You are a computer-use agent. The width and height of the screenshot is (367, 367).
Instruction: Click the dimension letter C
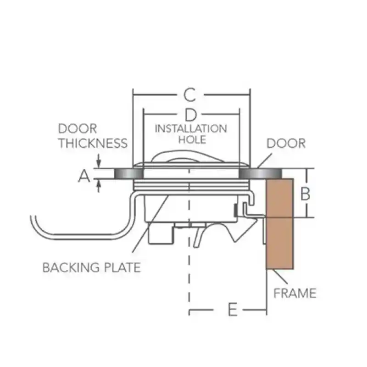[190, 95]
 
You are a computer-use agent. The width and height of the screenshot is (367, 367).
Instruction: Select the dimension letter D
[191, 114]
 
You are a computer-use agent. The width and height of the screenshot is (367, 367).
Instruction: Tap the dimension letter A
[83, 175]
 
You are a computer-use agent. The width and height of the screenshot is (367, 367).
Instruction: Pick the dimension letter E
[233, 311]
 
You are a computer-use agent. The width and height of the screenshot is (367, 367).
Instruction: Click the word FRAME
[295, 293]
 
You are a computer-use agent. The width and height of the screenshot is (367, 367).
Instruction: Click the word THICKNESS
[92, 143]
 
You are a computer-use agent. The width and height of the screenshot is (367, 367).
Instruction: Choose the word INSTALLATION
[191, 128]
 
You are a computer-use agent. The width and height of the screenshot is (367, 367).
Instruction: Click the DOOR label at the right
[286, 143]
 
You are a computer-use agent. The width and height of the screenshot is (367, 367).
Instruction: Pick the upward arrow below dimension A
[99, 185]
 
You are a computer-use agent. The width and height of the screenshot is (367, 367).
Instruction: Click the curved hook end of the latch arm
[37, 225]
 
